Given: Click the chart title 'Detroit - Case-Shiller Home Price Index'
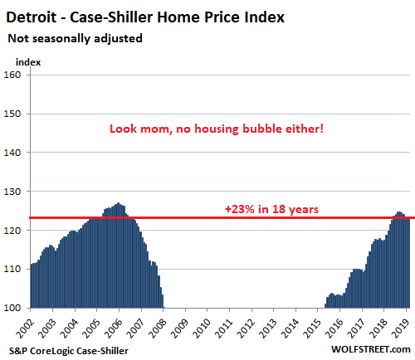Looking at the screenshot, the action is (145, 17).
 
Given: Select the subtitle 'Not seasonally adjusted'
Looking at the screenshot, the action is (75, 38).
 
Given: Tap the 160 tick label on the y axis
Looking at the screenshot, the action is (12, 75).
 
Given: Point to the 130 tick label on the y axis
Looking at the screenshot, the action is (12, 192).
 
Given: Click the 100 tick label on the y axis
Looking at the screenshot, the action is (12, 308).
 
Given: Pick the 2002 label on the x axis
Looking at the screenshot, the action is (26, 328).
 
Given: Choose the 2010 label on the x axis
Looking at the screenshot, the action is (203, 328).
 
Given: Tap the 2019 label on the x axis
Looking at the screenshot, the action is (401, 328).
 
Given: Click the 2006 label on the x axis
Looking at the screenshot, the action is (114, 328).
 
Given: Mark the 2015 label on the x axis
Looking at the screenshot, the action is (313, 328).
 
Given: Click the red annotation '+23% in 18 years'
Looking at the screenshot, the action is (271, 209).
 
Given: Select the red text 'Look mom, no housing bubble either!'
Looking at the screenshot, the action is (217, 129).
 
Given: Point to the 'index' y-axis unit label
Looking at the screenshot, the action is (28, 62).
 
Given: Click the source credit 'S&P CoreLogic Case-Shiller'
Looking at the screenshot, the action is (69, 351).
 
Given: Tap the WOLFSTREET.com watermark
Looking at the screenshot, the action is (371, 349).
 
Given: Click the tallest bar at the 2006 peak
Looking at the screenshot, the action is (118, 255).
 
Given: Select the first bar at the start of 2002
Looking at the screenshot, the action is (32, 286).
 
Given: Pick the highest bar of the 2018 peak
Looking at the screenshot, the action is (398, 260).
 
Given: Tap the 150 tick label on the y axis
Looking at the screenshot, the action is (12, 114).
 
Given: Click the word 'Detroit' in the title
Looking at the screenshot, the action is (32, 17).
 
